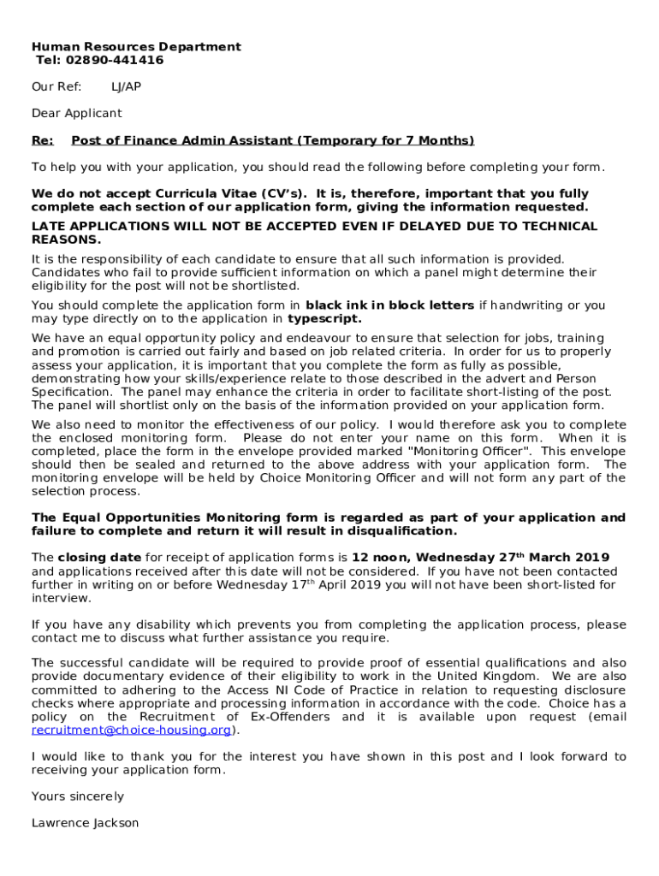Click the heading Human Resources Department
136,47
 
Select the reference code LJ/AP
126,87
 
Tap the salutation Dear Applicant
77,114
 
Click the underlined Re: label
42,141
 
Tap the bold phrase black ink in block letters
389,305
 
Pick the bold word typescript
324,319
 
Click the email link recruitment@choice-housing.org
132,731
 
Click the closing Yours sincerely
78,796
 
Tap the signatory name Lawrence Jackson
85,823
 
